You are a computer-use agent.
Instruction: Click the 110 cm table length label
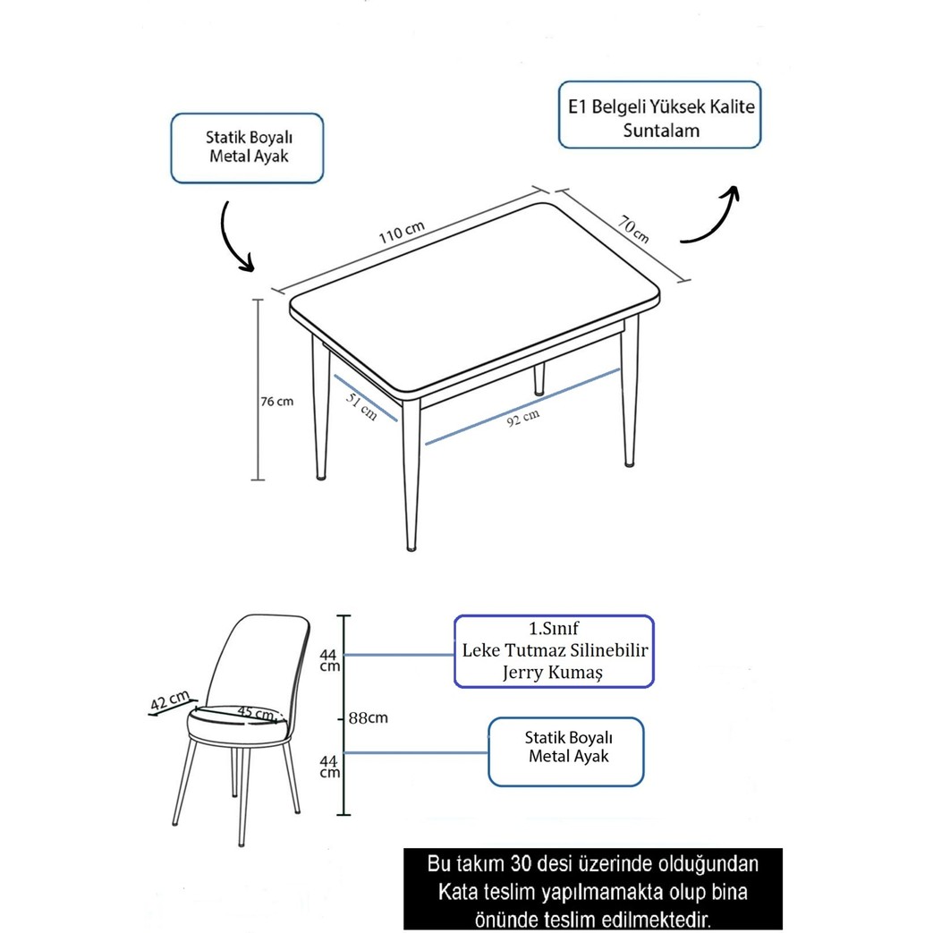[402, 232]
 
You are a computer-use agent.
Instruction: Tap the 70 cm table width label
[633, 230]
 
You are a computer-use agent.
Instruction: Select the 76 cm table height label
[276, 402]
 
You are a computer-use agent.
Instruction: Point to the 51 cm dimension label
[361, 406]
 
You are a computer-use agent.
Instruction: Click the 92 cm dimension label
[523, 418]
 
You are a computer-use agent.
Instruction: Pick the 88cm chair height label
[369, 718]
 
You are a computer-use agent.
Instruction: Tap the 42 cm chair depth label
[170, 701]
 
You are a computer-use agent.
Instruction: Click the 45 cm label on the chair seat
[256, 712]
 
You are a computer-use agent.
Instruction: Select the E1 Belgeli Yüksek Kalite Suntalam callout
[660, 115]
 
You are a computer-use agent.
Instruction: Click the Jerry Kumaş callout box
[554, 651]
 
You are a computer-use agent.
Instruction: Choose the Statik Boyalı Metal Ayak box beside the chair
[566, 752]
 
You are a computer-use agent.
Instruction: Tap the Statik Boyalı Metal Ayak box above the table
[247, 148]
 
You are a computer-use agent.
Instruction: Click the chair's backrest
[262, 660]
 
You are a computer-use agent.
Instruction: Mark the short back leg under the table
[539, 379]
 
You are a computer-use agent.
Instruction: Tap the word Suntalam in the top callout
[661, 131]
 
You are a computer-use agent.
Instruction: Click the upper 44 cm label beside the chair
[329, 660]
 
